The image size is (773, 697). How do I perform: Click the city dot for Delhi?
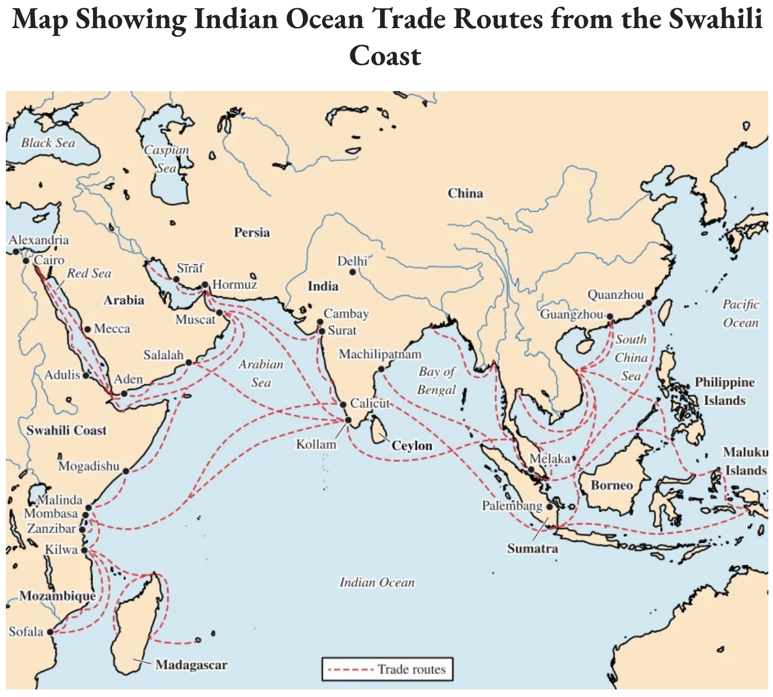click(353, 272)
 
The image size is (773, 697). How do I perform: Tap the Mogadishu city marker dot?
click(126, 471)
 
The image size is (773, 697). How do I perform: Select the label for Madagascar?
click(191, 665)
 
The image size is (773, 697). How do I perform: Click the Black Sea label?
click(48, 143)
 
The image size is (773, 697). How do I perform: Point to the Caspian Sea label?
click(167, 158)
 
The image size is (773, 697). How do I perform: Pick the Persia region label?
click(252, 233)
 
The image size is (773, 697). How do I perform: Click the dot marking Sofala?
click(50, 632)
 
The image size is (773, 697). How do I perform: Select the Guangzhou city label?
click(571, 315)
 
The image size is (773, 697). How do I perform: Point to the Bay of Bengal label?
click(436, 381)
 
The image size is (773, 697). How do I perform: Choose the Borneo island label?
click(612, 485)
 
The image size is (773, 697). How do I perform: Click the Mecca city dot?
click(88, 329)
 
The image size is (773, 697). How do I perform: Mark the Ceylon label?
click(412, 446)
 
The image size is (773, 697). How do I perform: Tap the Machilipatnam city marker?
click(381, 369)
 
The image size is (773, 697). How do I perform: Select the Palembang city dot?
click(549, 506)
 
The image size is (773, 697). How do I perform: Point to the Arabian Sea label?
click(261, 373)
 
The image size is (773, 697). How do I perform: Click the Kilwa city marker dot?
click(84, 550)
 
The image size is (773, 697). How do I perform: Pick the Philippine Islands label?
click(724, 391)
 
